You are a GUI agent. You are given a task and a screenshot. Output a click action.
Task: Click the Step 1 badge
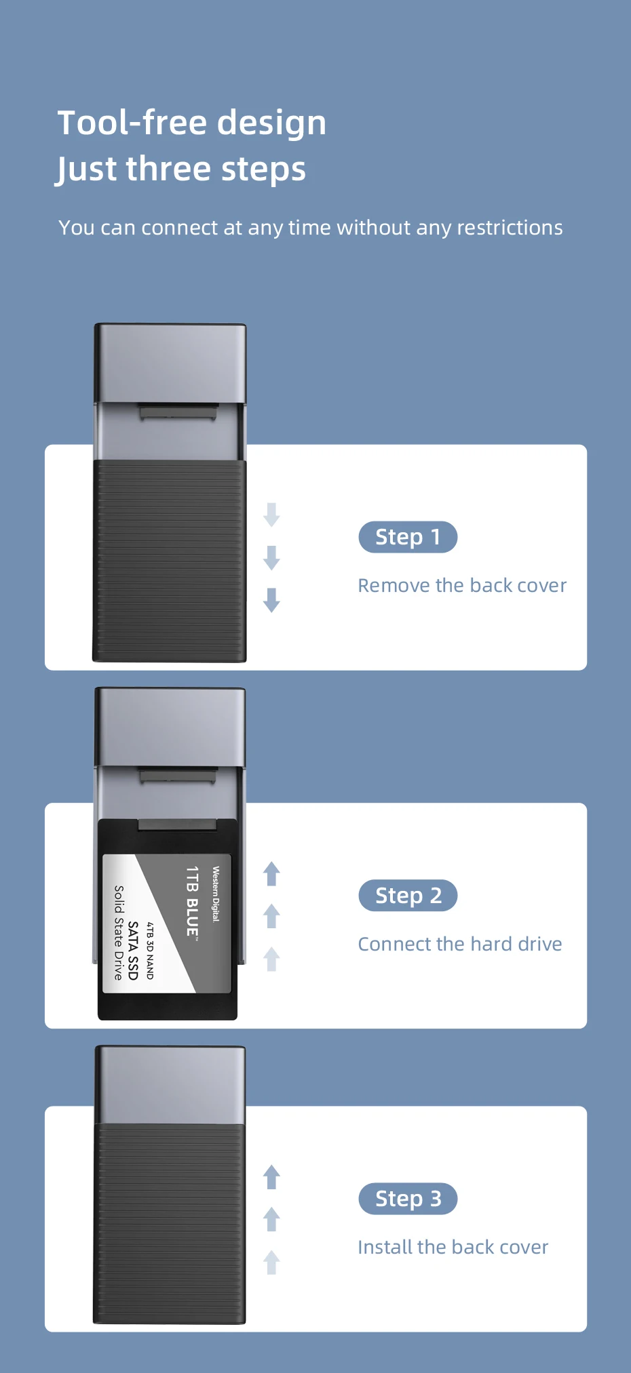[408, 537]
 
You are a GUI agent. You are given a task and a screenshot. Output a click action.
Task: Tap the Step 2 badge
[408, 896]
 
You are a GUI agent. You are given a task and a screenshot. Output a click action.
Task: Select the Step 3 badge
[408, 1199]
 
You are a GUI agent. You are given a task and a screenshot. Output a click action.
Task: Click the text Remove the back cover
[462, 585]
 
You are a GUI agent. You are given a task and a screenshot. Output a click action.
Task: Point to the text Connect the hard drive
[460, 944]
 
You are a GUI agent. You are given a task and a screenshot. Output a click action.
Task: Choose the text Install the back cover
[453, 1247]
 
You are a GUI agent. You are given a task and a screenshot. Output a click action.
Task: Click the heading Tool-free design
[192, 123]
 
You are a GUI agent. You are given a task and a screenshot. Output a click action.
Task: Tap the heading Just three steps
[181, 170]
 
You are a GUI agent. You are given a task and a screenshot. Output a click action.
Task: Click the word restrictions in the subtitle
[510, 227]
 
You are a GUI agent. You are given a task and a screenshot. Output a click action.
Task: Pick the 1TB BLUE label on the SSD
[193, 901]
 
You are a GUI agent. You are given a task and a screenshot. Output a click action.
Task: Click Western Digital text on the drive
[216, 894]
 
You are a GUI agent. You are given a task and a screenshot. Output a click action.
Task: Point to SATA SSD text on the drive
[133, 951]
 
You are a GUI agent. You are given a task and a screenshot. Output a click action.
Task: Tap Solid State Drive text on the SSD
[119, 932]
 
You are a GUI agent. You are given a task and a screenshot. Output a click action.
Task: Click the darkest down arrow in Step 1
[271, 600]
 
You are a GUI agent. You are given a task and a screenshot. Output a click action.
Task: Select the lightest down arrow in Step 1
[271, 515]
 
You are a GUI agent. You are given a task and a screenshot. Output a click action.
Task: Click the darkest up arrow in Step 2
[271, 874]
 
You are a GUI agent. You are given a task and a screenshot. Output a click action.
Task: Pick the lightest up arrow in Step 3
[271, 1262]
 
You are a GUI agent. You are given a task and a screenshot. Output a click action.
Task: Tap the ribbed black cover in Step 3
[170, 1223]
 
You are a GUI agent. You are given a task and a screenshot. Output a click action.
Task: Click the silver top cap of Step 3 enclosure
[170, 1084]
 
